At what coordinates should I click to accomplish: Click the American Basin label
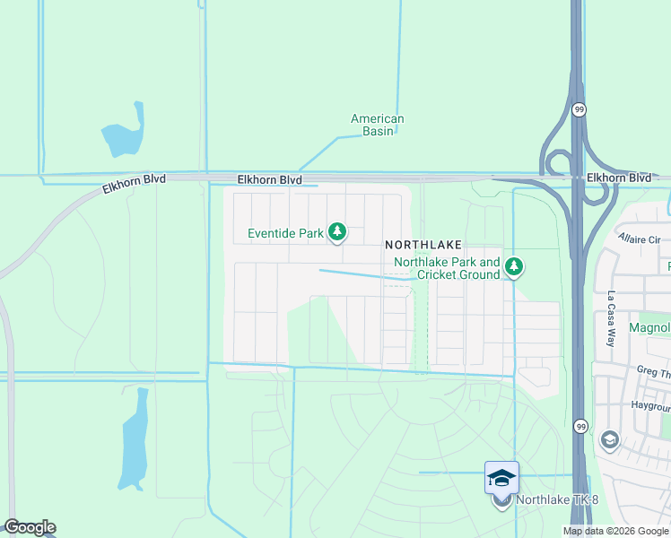pos(377,125)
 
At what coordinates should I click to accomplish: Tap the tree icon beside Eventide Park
pos(337,233)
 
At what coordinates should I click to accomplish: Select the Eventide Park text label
pos(285,234)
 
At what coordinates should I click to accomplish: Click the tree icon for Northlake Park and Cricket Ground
pos(514,266)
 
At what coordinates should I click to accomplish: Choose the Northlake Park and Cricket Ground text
pos(447,268)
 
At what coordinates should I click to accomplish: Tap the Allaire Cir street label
pos(639,239)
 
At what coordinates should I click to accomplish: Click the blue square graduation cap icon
pos(501,477)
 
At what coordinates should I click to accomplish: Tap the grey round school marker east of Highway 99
pos(610,439)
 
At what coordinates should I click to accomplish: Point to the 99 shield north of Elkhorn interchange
pos(579,109)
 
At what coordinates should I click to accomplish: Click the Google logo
pos(30,527)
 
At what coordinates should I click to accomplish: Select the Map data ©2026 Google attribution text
pos(616,531)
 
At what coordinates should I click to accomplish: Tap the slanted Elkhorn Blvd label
pos(134,184)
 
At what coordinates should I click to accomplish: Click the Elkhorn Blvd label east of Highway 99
pos(618,178)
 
